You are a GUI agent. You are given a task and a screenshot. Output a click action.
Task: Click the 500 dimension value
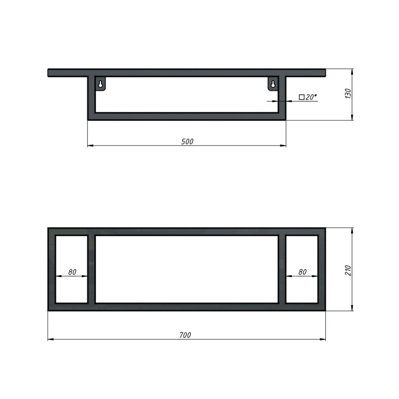coord(187,142)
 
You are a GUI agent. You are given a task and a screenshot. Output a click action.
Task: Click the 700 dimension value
coord(185,335)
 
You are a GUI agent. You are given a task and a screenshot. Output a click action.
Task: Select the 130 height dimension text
coord(348,94)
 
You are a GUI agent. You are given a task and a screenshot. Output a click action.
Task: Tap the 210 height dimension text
coord(348,271)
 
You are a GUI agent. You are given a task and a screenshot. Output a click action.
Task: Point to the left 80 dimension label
coord(72,272)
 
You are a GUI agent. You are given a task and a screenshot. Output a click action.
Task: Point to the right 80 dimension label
coord(302,272)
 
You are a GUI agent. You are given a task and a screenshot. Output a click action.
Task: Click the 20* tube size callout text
coord(311,97)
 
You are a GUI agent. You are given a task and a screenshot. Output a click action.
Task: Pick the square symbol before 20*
coord(302,97)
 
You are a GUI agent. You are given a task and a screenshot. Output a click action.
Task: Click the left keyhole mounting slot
coord(101,84)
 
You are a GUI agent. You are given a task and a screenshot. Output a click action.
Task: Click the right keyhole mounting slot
coord(273,84)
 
